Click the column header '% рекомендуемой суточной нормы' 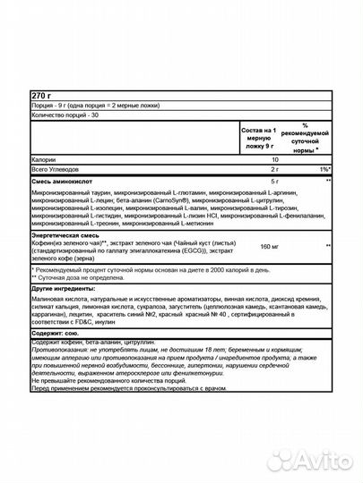308,140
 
